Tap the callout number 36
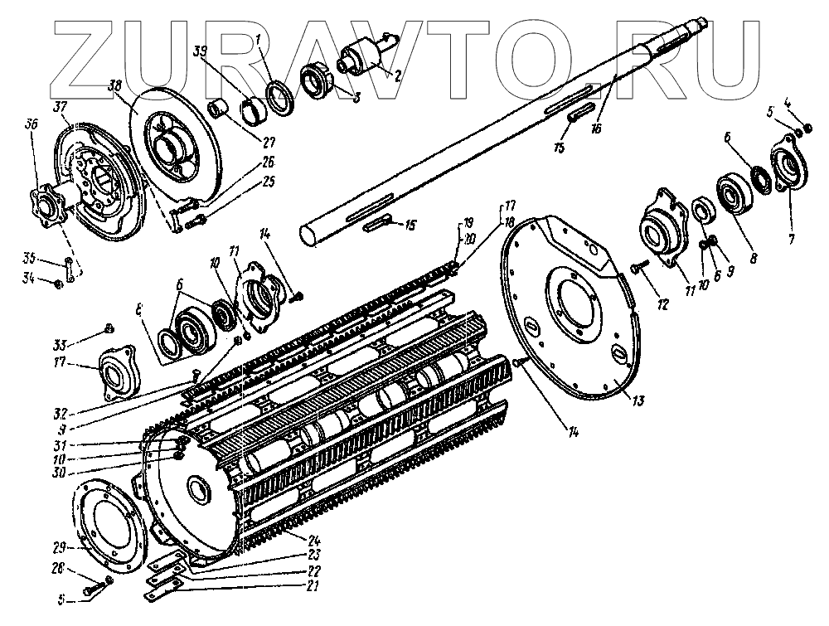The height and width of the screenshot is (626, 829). pos(31,124)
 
